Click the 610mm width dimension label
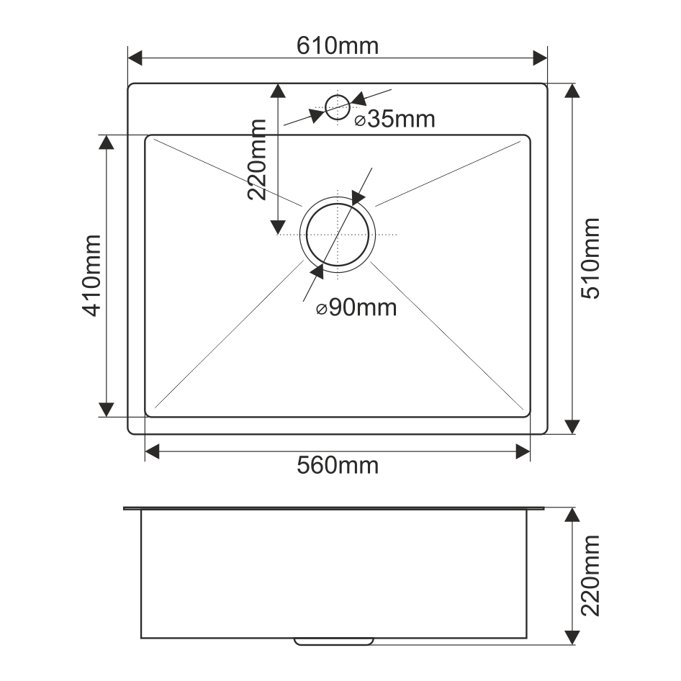click(338, 45)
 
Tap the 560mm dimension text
click(338, 465)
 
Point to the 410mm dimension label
click(91, 276)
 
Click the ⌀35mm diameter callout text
click(394, 119)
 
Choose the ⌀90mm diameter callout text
click(356, 308)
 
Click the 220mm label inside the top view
click(257, 159)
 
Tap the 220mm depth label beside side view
click(590, 575)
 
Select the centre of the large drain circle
click(338, 235)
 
